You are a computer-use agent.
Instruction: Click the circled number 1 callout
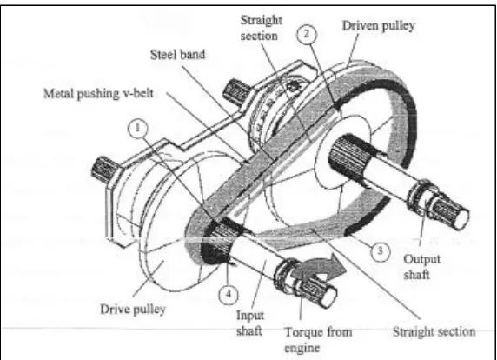point(137,129)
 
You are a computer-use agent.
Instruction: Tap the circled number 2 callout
point(307,34)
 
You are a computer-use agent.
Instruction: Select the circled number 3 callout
point(380,251)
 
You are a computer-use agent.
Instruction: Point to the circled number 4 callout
point(229,294)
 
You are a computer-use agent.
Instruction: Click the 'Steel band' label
point(177,55)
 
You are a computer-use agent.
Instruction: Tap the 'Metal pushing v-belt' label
point(98,94)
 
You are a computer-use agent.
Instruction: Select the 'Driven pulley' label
point(379,26)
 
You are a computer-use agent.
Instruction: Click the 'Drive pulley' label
point(133,310)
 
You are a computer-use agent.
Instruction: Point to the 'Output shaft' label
point(421,267)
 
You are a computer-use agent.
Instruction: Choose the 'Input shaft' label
point(249,323)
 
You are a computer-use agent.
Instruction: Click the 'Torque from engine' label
point(318,340)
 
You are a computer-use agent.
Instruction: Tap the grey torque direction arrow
point(319,266)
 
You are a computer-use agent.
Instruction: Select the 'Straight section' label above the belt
point(261,28)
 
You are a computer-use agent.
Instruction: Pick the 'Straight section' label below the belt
point(434,332)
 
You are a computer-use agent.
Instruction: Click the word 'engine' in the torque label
point(302,349)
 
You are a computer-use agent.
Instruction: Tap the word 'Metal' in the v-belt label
point(58,94)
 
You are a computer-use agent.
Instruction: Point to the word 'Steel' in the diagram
point(163,55)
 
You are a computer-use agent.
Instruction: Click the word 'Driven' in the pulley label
point(360,25)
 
